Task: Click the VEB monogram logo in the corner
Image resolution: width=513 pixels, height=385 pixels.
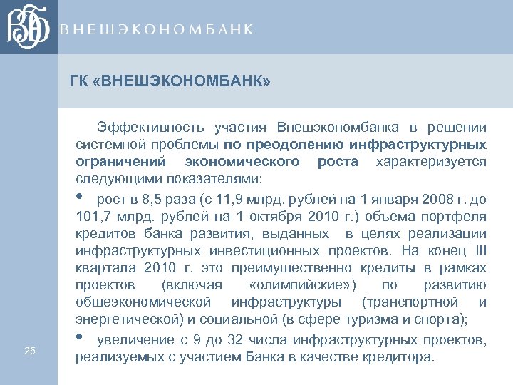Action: pyautogui.click(x=28, y=27)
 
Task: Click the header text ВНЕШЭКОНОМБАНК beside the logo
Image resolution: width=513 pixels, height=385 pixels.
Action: pyautogui.click(x=156, y=29)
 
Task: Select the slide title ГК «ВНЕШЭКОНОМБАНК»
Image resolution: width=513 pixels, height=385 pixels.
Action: pyautogui.click(x=170, y=82)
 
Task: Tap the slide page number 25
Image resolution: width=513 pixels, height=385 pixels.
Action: pyautogui.click(x=29, y=350)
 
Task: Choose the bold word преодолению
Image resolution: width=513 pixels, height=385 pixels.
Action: pyautogui.click(x=271, y=145)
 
